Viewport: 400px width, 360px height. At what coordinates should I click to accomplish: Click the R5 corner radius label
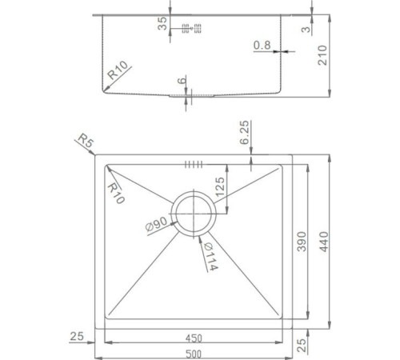(85, 142)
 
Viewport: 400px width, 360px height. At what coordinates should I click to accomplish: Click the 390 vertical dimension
(302, 242)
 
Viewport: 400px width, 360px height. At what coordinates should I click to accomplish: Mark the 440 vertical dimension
(323, 242)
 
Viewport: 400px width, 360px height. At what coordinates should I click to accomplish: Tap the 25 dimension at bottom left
(77, 336)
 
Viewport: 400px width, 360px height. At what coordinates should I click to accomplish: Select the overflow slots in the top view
(193, 166)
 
